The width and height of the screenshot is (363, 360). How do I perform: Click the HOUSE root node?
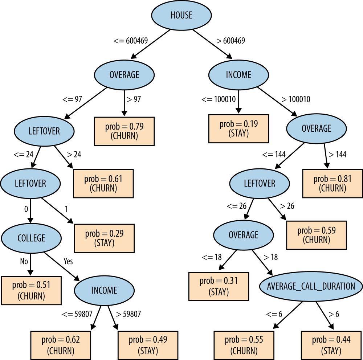pyautogui.click(x=181, y=15)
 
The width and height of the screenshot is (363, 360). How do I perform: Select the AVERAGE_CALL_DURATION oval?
pyautogui.click(x=311, y=286)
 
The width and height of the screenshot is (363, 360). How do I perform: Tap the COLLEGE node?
pyautogui.click(x=31, y=238)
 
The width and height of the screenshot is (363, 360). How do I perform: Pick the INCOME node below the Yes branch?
pyautogui.click(x=104, y=290)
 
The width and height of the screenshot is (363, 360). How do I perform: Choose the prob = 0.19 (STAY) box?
pyautogui.click(x=238, y=129)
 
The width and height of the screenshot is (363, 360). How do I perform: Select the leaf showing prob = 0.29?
pyautogui.click(x=104, y=238)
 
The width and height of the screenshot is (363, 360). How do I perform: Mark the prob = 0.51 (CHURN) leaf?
pyautogui.click(x=31, y=291)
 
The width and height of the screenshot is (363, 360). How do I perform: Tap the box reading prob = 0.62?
pyautogui.click(x=61, y=345)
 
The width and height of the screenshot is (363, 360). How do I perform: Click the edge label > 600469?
pyautogui.click(x=231, y=41)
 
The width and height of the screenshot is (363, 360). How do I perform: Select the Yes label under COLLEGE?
pyautogui.click(x=68, y=261)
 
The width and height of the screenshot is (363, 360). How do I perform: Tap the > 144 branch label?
pyautogui.click(x=337, y=155)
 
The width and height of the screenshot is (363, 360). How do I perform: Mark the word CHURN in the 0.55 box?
pyautogui.click(x=244, y=351)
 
